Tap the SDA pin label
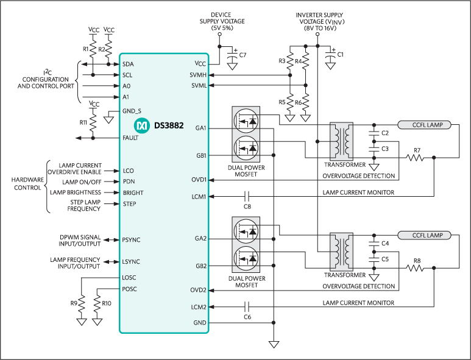pyautogui.click(x=128, y=64)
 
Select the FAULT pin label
pyautogui.click(x=130, y=138)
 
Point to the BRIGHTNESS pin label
pyautogui.click(x=133, y=192)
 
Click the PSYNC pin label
pyautogui.click(x=131, y=240)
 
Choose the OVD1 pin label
pyautogui.click(x=199, y=180)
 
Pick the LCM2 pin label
pyautogui.click(x=199, y=307)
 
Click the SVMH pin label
pyautogui.click(x=199, y=75)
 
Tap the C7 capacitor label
pyautogui.click(x=243, y=55)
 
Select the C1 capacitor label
pyautogui.click(x=341, y=55)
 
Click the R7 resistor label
pyautogui.click(x=417, y=150)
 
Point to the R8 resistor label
pyautogui.click(x=417, y=261)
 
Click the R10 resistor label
pyautogui.click(x=107, y=303)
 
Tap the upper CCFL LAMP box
pyautogui.click(x=425, y=125)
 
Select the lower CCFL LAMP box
pyautogui.click(x=425, y=235)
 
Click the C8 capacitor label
pyautogui.click(x=247, y=207)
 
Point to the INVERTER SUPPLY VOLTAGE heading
pyautogui.click(x=319, y=22)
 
